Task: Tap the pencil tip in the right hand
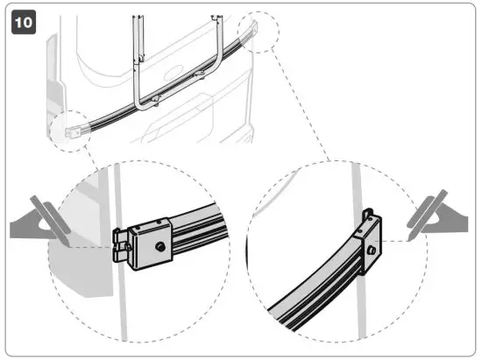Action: [409, 236]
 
